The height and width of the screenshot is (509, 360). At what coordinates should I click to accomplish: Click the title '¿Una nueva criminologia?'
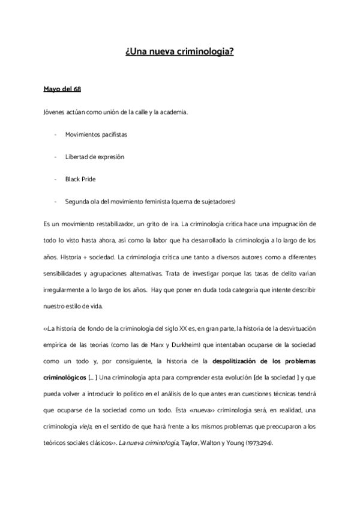[180, 53]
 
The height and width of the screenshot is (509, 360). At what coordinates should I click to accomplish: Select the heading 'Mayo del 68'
[62, 89]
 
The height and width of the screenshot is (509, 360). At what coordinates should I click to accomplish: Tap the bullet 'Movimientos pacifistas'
[96, 134]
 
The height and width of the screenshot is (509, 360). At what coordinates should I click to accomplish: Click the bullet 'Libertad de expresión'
[95, 156]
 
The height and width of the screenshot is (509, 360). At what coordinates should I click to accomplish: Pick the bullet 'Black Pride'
[81, 179]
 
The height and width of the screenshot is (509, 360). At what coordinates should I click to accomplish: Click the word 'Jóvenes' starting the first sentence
[53, 112]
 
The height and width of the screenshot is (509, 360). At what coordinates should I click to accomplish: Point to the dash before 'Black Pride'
[55, 179]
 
